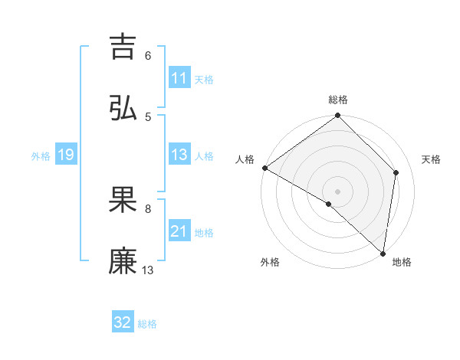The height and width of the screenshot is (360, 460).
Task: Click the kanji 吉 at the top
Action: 123,47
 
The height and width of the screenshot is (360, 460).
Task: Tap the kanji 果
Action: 123,200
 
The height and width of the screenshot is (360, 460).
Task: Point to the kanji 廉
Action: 123,261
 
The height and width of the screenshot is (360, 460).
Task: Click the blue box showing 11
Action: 179,78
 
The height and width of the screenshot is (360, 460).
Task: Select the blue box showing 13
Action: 179,155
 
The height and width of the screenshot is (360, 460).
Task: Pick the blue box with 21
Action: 179,231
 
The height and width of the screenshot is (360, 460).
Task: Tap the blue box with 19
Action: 66,155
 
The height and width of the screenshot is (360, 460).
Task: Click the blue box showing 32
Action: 123,322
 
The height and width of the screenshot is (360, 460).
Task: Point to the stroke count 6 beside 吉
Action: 148,55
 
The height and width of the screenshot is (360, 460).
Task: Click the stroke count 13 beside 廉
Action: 148,270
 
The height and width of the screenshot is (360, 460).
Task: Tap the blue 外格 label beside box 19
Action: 41,155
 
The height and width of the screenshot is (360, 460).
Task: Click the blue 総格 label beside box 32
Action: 147,324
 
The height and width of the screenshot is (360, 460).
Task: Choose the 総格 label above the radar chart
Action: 338,100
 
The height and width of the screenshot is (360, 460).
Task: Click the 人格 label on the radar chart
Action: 245,159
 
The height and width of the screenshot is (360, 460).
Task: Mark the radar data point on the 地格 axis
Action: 383,254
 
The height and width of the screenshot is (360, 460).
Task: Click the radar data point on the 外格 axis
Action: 329,204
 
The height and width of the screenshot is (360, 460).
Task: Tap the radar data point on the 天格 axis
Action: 396,172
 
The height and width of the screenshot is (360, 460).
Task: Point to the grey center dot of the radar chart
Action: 338,191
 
